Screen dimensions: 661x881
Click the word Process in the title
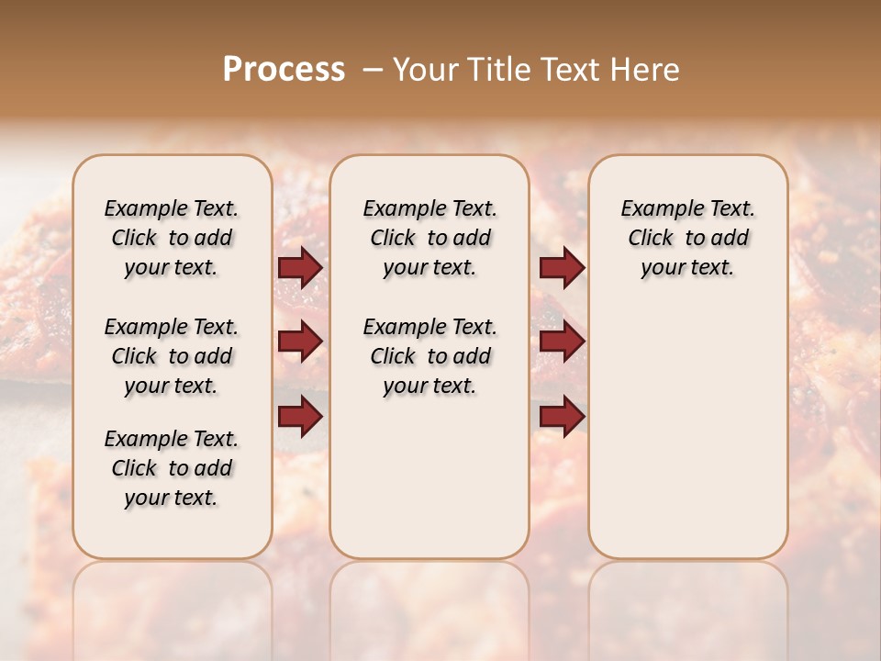284,70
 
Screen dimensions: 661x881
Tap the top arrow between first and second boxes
300,267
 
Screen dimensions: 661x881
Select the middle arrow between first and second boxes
300,342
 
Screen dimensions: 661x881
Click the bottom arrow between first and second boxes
300,416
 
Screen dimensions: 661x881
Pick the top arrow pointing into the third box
562,267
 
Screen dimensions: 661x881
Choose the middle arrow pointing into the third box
562,342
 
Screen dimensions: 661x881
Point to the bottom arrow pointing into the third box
562,416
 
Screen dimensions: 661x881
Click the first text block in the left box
172,238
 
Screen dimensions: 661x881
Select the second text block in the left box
172,356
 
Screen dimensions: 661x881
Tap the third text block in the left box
172,468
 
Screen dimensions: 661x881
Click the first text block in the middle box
429,238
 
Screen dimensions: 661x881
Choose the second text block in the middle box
429,356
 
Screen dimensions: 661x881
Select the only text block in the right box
688,238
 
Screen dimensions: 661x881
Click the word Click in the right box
651,239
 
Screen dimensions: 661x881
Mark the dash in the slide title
373,70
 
